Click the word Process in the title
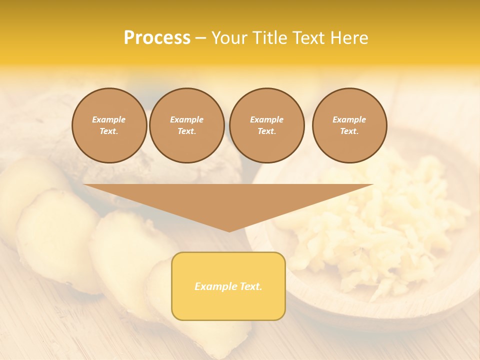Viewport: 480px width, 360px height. (157, 38)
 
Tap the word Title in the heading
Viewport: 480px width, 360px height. (269, 38)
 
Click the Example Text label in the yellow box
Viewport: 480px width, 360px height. (228, 286)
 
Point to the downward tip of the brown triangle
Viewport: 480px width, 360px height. (229, 230)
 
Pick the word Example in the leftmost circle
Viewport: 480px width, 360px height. (109, 119)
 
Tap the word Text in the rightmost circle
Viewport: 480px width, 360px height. (349, 131)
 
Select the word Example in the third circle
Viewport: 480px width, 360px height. (266, 119)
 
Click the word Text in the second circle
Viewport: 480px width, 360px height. (186, 131)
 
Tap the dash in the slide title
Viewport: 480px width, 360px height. (201, 38)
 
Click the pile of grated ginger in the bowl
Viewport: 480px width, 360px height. (380, 220)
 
